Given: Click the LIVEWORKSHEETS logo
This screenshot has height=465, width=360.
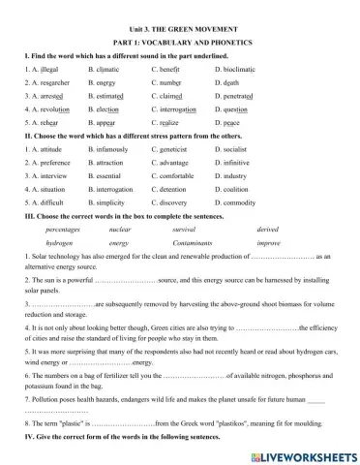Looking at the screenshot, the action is (x=301, y=453).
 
